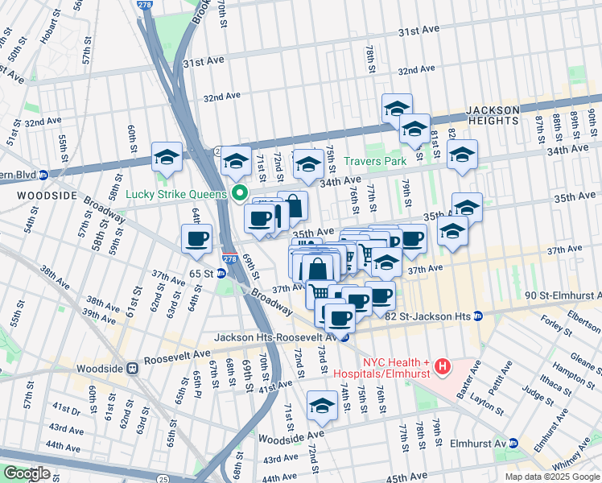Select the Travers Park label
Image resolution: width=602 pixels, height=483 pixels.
click(374, 161)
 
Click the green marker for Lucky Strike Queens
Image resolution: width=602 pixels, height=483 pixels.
click(239, 193)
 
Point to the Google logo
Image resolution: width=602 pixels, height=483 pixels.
click(26, 473)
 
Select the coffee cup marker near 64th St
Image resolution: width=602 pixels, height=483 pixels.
click(197, 238)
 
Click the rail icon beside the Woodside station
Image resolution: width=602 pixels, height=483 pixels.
click(132, 368)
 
